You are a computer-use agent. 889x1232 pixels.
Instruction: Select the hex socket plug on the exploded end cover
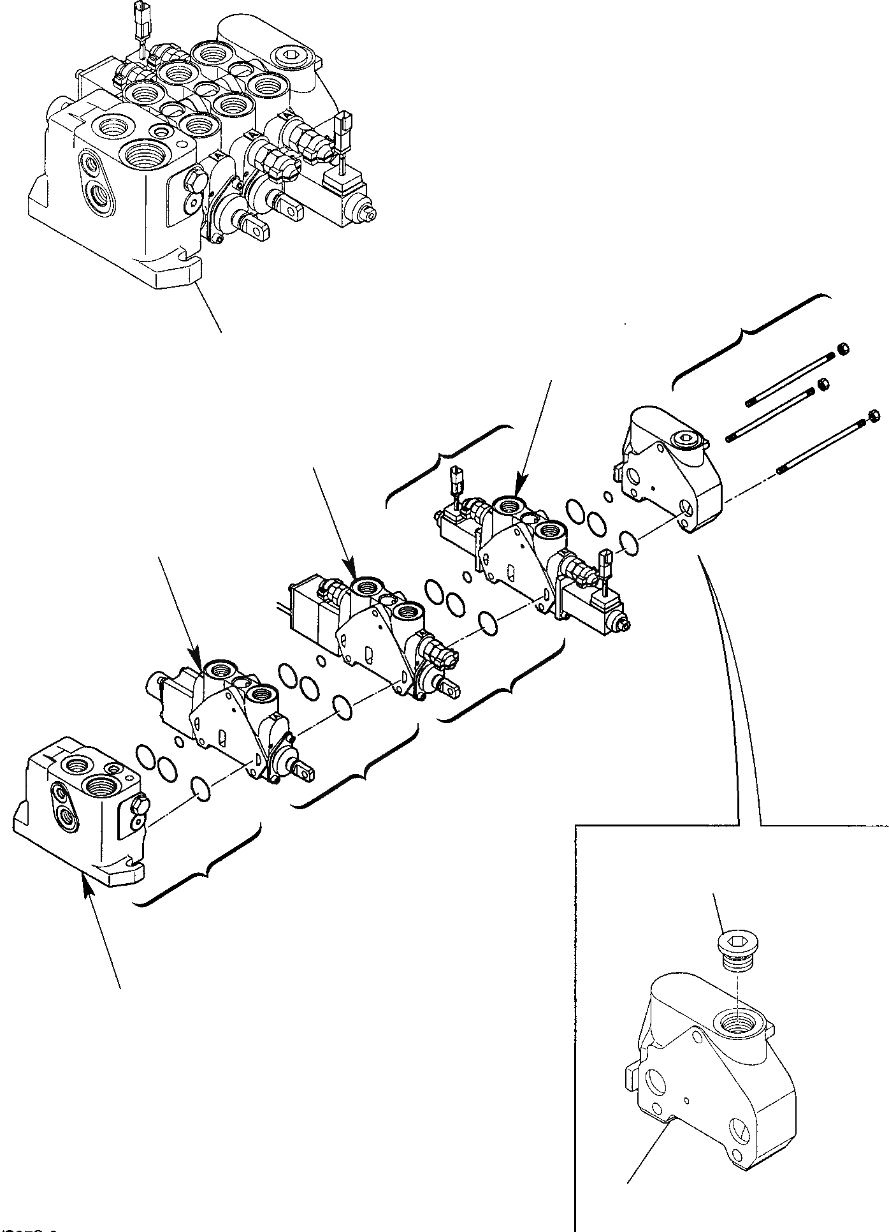point(688,439)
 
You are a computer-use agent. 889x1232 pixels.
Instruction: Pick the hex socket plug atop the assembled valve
point(293,58)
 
